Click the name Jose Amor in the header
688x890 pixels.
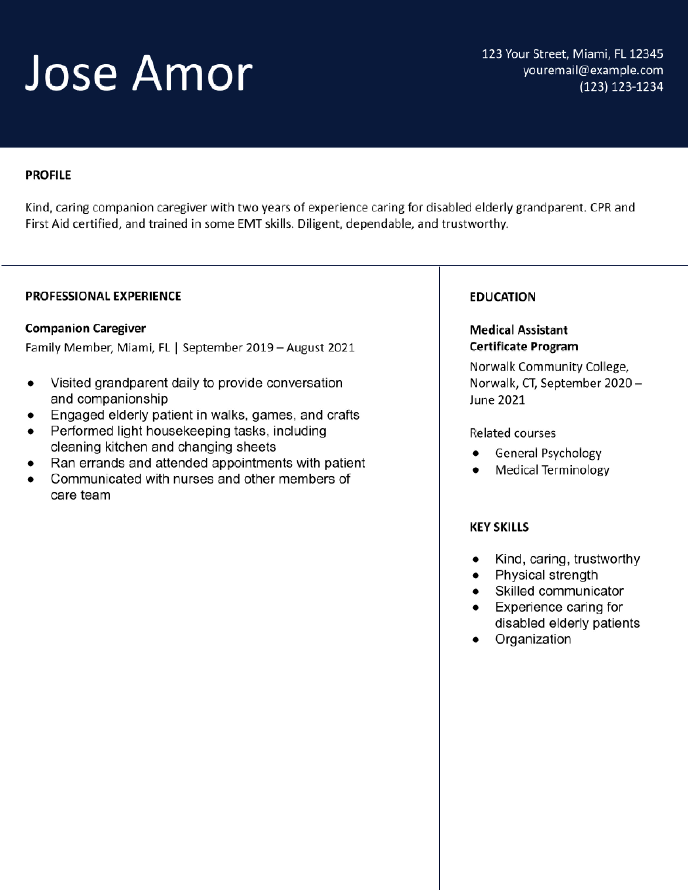coord(139,73)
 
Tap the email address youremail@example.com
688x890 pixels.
coord(593,70)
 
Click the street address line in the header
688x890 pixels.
coord(572,54)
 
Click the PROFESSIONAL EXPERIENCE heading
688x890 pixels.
coord(103,296)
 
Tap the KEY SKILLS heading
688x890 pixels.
coord(499,527)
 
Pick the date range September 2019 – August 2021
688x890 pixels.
coord(268,348)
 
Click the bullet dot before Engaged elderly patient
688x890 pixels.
coord(30,415)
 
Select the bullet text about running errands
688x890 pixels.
coord(207,463)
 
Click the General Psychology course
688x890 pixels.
coord(548,453)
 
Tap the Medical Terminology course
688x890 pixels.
coord(552,470)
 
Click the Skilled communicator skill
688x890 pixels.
coord(559,591)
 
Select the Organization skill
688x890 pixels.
coord(533,639)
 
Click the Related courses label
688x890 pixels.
coord(512,433)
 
